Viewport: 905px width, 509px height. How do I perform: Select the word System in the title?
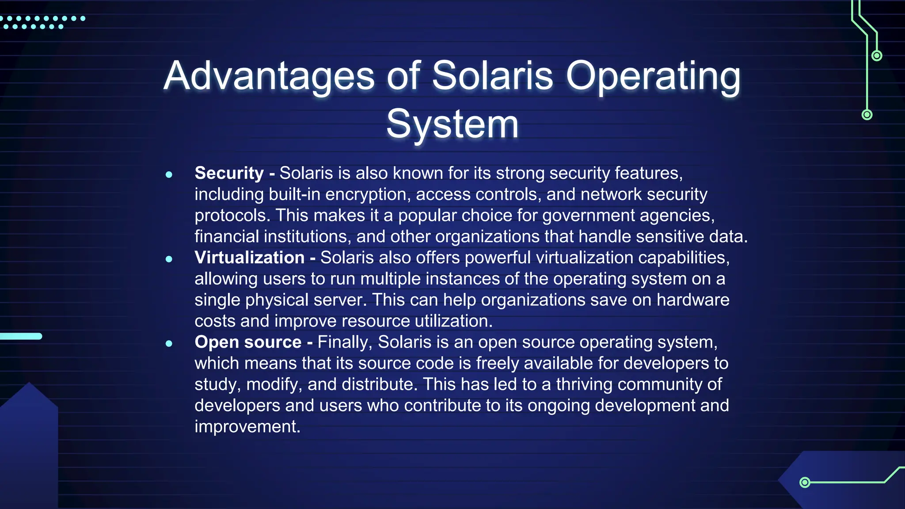click(452, 124)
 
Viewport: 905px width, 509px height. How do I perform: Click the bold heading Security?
click(229, 173)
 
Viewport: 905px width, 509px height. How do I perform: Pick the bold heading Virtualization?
click(249, 258)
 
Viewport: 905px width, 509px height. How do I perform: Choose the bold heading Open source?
click(248, 342)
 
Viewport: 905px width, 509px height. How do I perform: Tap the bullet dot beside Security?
click(169, 175)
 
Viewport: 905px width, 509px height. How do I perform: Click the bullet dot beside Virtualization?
click(169, 259)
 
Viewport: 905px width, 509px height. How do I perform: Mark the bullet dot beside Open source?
click(169, 343)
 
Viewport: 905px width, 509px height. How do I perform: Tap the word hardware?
click(692, 300)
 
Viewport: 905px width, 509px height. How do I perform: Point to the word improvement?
click(247, 426)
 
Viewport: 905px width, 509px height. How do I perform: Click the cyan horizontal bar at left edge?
click(21, 336)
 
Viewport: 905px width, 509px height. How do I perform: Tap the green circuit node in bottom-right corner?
click(805, 482)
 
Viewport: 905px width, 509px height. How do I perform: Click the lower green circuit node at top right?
click(867, 115)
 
